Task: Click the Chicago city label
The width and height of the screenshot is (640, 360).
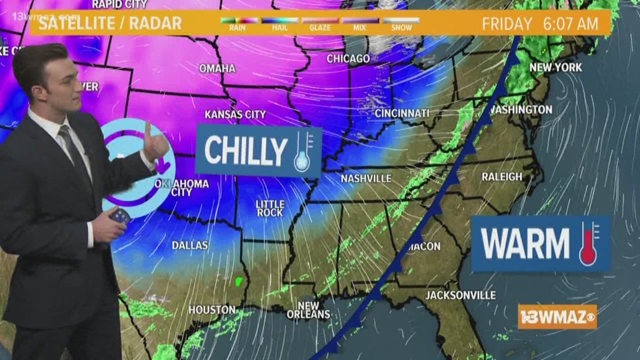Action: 348,58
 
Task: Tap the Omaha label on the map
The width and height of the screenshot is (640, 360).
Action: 217,68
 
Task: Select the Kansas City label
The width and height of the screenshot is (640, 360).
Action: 235,114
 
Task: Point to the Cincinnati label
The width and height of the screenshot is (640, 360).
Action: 402,113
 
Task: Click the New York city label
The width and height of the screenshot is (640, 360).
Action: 556,67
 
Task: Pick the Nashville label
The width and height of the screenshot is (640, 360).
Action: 366,178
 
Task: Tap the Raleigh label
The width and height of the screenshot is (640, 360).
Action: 502,176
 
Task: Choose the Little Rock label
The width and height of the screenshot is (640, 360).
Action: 270,208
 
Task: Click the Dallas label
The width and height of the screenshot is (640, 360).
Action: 190,245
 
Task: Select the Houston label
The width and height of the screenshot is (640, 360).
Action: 212,309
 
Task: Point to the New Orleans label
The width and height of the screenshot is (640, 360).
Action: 308,311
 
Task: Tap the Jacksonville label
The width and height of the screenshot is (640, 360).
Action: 460,295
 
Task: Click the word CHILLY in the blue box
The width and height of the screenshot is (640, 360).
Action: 246,151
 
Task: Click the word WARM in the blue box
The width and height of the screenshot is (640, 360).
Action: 525,243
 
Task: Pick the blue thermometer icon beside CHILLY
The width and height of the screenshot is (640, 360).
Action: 302,151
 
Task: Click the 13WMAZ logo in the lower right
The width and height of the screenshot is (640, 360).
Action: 557,316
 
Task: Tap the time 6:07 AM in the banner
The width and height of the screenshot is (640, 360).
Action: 570,24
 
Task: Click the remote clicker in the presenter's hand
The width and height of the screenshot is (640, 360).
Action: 120,216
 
